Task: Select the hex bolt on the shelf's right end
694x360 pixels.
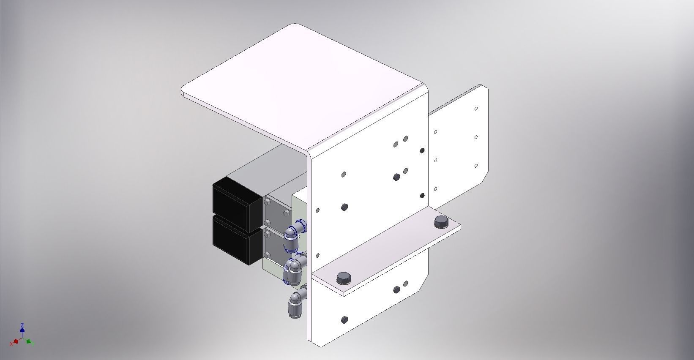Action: pos(440,222)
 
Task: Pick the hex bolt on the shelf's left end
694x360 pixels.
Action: pos(343,278)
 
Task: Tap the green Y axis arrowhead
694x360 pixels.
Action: pos(29,341)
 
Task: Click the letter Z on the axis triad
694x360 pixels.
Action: pos(22,325)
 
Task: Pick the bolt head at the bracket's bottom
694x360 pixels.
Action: pos(344,319)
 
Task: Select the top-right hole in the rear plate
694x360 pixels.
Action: pos(476,109)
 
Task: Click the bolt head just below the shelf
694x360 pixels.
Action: pos(396,290)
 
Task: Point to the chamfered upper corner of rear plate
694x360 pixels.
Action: pos(484,87)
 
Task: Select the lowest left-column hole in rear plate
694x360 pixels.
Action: pos(435,189)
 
